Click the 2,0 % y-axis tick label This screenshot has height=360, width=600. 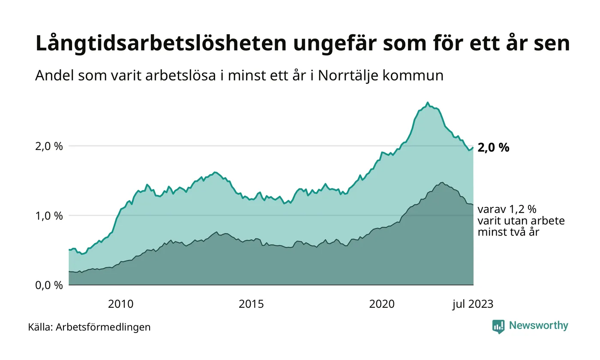click(49, 147)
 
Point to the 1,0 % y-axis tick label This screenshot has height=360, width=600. click(49, 216)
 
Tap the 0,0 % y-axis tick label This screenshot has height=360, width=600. click(49, 285)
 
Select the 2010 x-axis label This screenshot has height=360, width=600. click(120, 304)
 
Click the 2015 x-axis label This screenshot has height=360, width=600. click(251, 304)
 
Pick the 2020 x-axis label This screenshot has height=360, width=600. click(382, 304)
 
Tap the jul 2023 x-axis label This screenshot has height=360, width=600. click(473, 304)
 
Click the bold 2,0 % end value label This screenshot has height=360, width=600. click(493, 148)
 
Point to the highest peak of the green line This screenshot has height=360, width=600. click(427, 102)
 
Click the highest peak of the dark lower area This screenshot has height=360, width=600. click(441, 183)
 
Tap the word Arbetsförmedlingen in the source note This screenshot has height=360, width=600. click(103, 327)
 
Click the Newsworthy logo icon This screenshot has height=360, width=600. click(498, 326)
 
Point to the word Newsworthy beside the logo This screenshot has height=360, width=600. click(539, 326)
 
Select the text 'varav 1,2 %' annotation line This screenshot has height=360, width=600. click(507, 210)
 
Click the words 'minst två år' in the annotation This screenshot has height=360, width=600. click(508, 232)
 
